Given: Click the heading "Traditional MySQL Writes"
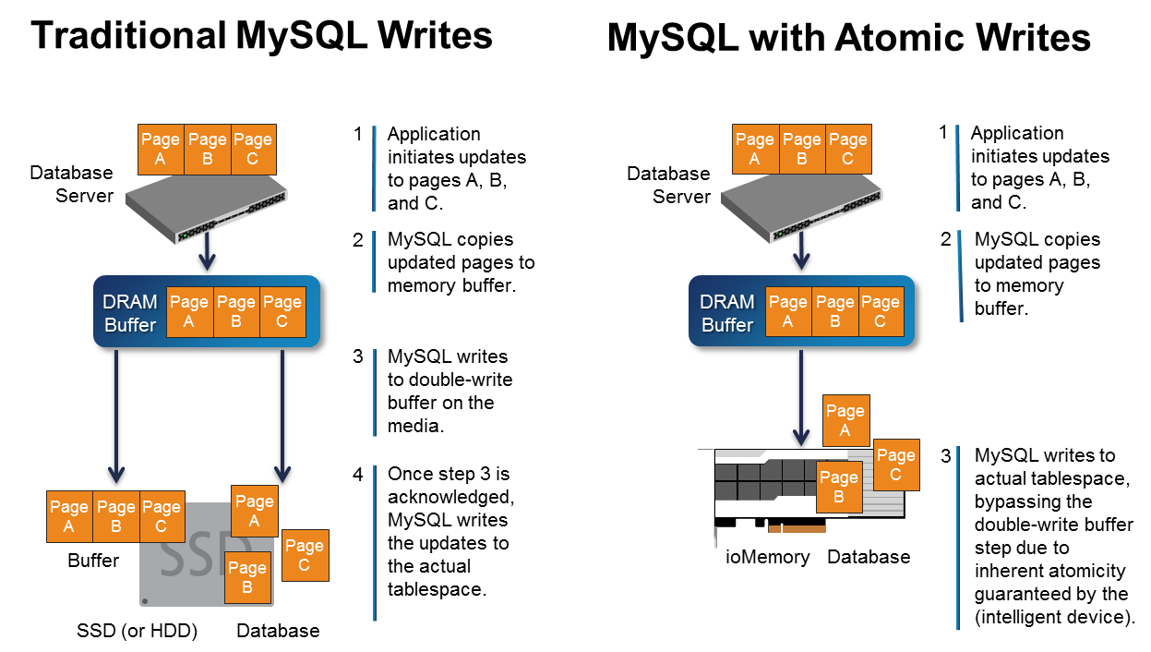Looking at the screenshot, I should (x=261, y=36).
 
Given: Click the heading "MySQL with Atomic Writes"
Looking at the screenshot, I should (x=848, y=39).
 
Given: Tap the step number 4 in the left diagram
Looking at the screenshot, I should (x=358, y=473).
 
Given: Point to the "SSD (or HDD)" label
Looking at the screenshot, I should (x=137, y=632).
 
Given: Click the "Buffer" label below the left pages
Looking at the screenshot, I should (x=93, y=561).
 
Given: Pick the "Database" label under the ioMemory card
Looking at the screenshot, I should (x=869, y=557).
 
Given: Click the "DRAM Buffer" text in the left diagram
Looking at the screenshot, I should (x=130, y=313).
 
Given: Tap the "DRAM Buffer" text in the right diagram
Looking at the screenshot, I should (x=727, y=313).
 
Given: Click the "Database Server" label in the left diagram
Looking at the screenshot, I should (x=71, y=184).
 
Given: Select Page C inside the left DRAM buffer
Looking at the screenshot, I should (x=282, y=312).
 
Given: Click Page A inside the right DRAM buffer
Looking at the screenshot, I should (x=787, y=312).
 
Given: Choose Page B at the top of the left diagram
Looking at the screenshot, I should (x=207, y=150).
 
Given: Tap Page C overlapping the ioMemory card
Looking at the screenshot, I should (x=895, y=465).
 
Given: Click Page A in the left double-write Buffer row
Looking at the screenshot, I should (x=69, y=516).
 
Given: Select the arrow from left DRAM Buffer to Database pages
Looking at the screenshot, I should (x=282, y=416).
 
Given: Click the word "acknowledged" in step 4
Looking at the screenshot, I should (x=450, y=497).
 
